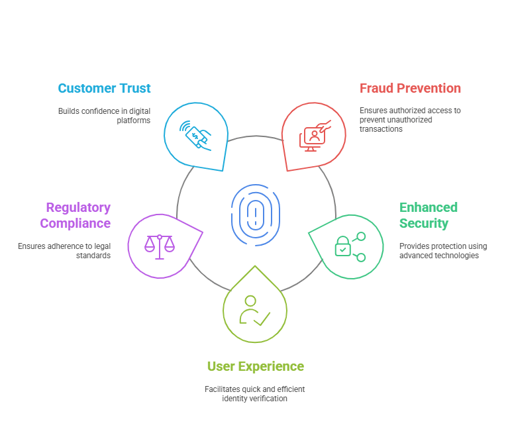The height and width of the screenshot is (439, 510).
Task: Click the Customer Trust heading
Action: pos(104,88)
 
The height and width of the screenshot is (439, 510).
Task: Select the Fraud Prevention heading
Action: pos(410,88)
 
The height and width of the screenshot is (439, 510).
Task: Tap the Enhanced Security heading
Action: pos(428,215)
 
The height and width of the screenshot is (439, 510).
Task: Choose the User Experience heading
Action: pos(255,366)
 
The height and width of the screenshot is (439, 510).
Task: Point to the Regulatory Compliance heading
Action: pos(75,215)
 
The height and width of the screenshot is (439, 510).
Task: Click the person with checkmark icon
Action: pos(254,310)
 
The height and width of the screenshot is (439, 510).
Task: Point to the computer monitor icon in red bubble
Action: pos(313,137)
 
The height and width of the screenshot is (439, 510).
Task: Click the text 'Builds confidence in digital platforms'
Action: pos(104,115)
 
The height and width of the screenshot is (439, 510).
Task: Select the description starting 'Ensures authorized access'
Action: pos(410,120)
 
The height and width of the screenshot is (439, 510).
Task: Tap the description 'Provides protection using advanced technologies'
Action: pos(442,251)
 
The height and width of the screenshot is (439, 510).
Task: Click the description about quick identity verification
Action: pos(255,394)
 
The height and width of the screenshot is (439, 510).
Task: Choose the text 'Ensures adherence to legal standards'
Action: pos(64,250)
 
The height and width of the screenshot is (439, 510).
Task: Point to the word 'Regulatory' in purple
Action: pos(78,207)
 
